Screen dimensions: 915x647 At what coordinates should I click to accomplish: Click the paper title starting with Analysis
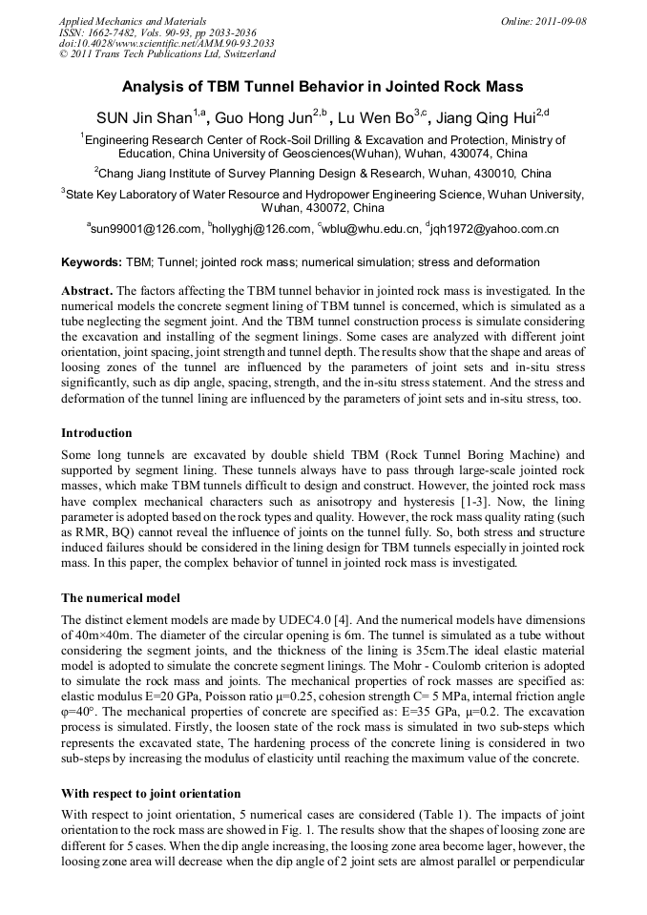point(323,87)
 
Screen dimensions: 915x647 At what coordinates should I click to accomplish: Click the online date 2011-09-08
point(544,21)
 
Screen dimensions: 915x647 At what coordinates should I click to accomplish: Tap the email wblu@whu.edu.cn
point(371,229)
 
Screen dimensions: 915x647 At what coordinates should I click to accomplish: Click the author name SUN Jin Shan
point(143,119)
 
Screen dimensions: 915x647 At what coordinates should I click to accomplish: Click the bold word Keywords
point(91,261)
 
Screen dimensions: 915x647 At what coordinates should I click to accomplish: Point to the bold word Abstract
point(87,290)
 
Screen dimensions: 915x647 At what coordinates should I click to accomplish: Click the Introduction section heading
point(100,432)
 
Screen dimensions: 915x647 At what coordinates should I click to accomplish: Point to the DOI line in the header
point(167,43)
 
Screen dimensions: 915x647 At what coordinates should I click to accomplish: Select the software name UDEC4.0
point(298,620)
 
